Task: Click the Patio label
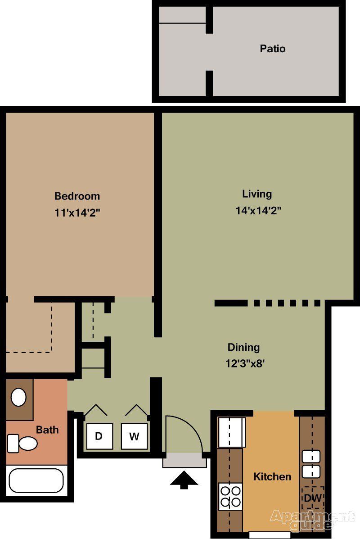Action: click(273, 49)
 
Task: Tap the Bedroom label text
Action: click(77, 196)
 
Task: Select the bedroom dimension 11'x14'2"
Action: click(77, 213)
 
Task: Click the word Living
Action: click(257, 194)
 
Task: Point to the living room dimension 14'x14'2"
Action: click(258, 210)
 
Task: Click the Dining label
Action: click(243, 348)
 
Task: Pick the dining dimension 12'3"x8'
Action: click(245, 363)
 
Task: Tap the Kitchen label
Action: click(272, 476)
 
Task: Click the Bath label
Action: click(47, 430)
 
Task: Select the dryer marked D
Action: click(99, 436)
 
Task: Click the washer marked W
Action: click(134, 436)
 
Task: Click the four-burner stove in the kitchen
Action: click(230, 496)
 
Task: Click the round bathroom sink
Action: click(18, 397)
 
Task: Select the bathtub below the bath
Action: click(36, 480)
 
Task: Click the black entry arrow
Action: click(184, 480)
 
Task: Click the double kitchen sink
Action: click(311, 464)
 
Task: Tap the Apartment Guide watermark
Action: click(312, 521)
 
